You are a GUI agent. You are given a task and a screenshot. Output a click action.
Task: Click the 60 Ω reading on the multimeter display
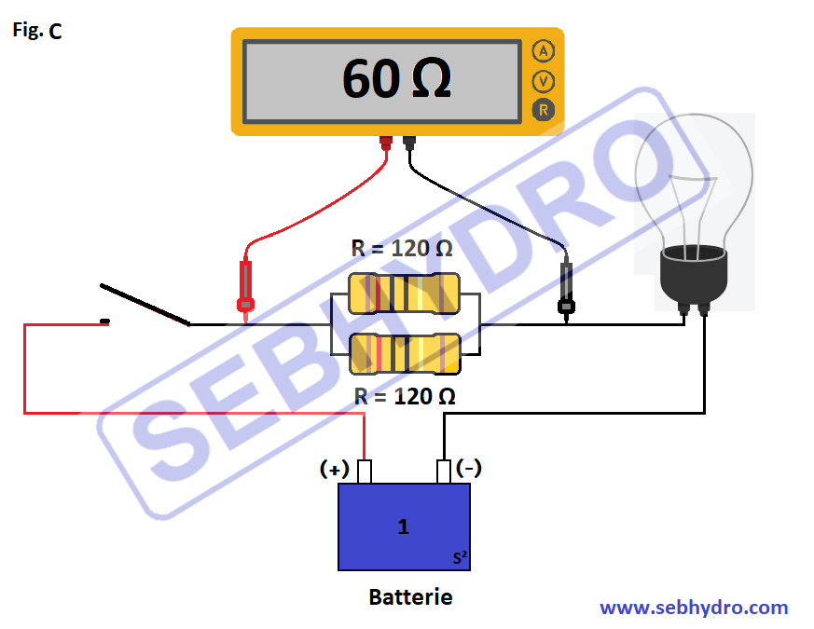pyautogui.click(x=396, y=79)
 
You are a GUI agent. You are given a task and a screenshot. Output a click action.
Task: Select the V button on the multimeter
pyautogui.click(x=543, y=81)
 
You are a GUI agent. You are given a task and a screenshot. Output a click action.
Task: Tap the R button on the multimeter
pyautogui.click(x=543, y=110)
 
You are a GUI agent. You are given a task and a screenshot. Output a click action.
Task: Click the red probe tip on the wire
pyautogui.click(x=246, y=304)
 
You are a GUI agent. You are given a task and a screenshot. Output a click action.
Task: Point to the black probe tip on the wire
pyautogui.click(x=565, y=305)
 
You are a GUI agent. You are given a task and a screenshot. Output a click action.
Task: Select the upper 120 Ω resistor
pyautogui.click(x=404, y=294)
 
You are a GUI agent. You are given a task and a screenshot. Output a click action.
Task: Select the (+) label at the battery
pyautogui.click(x=335, y=469)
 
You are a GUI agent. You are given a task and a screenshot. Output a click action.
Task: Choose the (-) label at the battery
pyautogui.click(x=469, y=468)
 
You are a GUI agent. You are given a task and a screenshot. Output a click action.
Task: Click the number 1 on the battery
pyautogui.click(x=403, y=527)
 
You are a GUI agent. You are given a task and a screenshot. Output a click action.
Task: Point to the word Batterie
pyautogui.click(x=410, y=597)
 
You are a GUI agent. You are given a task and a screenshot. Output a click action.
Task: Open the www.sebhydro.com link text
pyautogui.click(x=694, y=608)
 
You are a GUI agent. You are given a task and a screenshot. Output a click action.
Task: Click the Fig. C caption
pyautogui.click(x=37, y=31)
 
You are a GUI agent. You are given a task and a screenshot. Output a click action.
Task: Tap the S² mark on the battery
pyautogui.click(x=460, y=558)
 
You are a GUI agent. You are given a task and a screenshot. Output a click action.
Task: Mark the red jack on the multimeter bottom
pyautogui.click(x=386, y=143)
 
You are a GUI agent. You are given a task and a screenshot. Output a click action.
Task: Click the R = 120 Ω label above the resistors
pyautogui.click(x=402, y=249)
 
